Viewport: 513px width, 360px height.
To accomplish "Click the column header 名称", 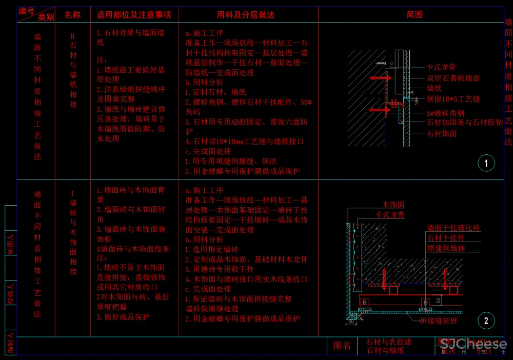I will [72, 15].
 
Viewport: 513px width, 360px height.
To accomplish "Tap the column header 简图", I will [415, 15].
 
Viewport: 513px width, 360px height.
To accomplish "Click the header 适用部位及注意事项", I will [134, 15].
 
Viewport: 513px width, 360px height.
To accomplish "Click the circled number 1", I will [486, 164].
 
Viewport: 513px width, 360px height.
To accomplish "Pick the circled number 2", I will [486, 321].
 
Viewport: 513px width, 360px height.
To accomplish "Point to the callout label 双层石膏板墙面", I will [453, 78].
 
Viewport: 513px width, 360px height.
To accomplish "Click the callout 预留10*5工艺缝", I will [453, 99].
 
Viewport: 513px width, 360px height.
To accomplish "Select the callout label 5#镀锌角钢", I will [445, 113].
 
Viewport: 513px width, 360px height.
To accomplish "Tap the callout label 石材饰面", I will [442, 133].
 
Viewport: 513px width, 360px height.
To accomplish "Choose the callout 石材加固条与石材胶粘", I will [465, 123].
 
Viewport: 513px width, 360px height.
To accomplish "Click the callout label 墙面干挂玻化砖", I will [453, 228].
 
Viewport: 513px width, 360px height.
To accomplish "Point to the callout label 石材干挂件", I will [445, 238].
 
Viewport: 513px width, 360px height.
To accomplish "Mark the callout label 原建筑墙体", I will [445, 248].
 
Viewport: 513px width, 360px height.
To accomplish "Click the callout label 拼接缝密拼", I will [438, 321].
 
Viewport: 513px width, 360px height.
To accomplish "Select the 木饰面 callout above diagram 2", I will [393, 205].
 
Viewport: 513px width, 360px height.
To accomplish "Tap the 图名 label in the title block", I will [342, 346].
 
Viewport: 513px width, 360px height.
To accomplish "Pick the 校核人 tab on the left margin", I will [11, 292].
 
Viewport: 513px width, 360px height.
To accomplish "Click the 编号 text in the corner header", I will [27, 10].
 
